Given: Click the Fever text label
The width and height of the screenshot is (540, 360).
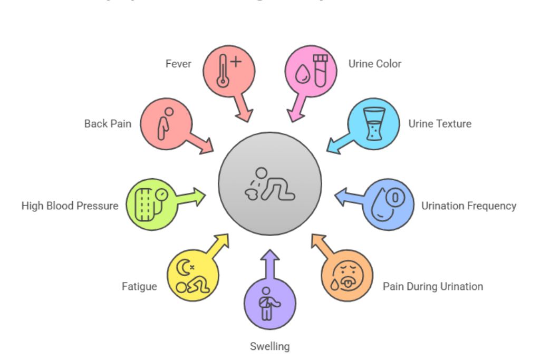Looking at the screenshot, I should [178, 64].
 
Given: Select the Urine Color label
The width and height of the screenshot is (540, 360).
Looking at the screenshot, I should [374, 64].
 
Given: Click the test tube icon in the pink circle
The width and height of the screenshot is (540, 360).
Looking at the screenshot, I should [320, 70].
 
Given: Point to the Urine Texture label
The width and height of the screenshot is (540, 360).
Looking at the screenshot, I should [440, 124].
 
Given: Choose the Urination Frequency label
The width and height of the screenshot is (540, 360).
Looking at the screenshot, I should [468, 206].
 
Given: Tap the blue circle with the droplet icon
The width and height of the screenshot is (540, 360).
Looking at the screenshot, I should [389, 205].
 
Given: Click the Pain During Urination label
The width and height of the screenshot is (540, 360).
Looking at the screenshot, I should [432, 287].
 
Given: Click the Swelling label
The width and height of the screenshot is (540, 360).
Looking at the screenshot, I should [269, 346].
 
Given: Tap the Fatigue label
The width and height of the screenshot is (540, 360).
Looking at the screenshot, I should [139, 287].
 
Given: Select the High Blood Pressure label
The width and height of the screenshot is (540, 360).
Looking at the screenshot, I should [70, 206].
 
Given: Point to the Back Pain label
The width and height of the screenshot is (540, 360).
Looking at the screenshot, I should [108, 124].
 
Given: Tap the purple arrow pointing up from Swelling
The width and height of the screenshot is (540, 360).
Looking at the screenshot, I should [270, 258].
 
